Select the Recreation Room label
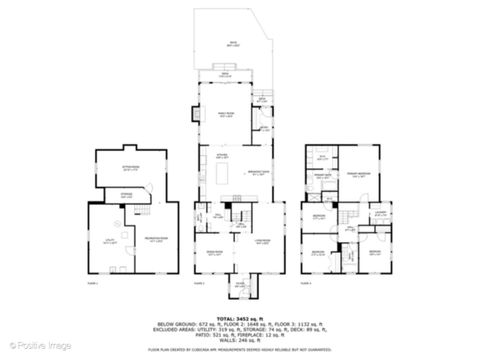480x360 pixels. click(155, 239)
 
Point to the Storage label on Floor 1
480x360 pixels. click(126, 196)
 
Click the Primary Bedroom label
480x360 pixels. click(355, 171)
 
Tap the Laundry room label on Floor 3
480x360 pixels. click(380, 213)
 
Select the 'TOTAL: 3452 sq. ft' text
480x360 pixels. click(240, 316)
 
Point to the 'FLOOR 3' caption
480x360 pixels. click(308, 284)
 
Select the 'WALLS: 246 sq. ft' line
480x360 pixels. click(240, 338)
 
